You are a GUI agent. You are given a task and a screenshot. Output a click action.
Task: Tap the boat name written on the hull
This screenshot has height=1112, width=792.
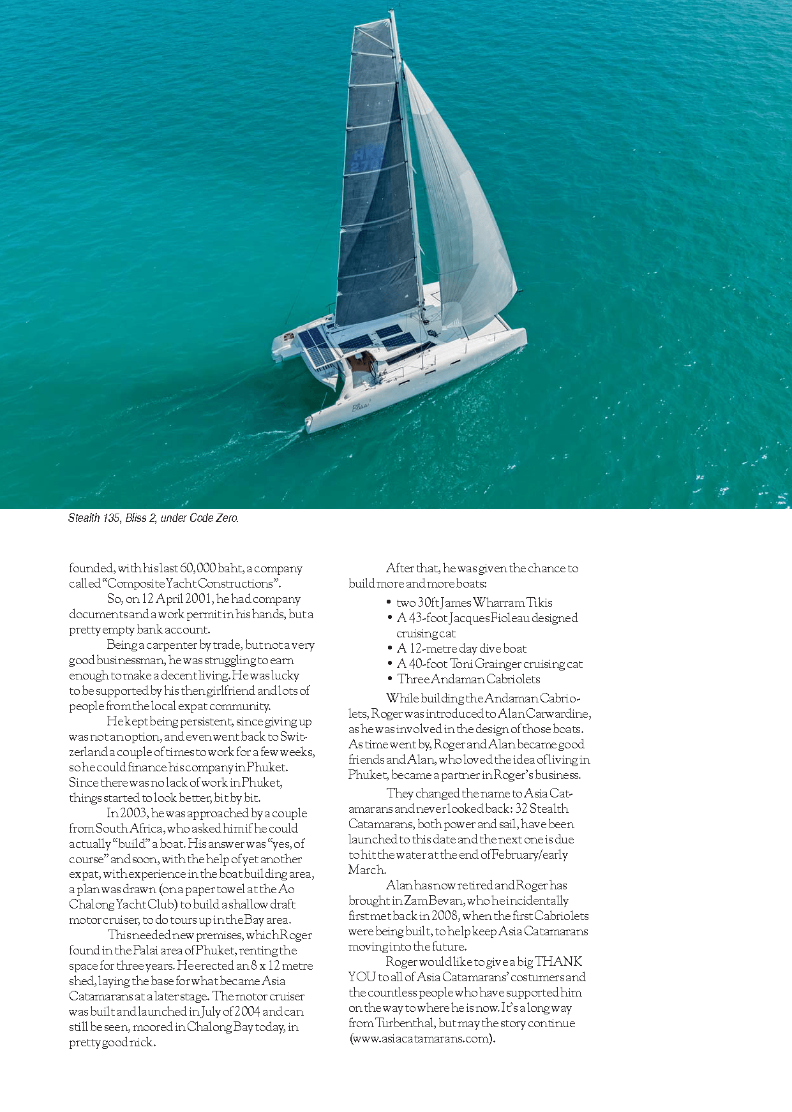pyautogui.click(x=361, y=406)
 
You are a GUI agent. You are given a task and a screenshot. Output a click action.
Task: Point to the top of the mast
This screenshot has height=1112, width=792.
pyautogui.click(x=391, y=12)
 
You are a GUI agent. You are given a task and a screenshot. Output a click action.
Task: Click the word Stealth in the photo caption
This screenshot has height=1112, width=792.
pyautogui.click(x=84, y=518)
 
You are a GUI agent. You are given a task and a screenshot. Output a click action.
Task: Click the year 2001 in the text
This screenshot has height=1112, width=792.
pyautogui.click(x=197, y=599)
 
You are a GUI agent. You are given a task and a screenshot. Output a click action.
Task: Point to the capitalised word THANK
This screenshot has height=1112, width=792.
pyautogui.click(x=558, y=961)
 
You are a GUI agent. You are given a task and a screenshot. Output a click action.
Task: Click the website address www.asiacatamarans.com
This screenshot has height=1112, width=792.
pyautogui.click(x=420, y=1038)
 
